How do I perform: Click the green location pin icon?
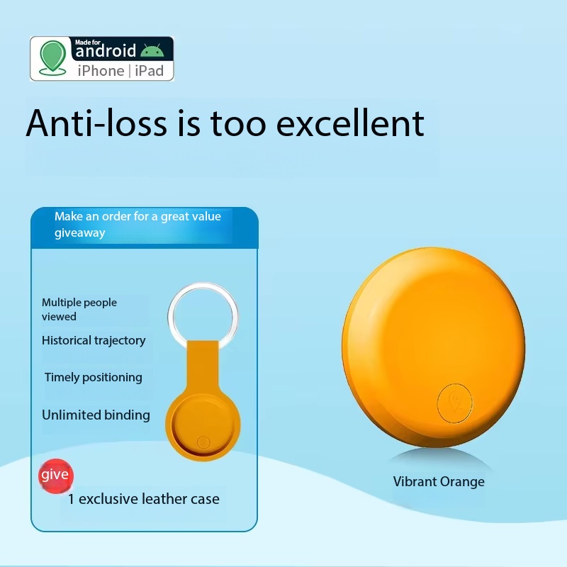click(x=53, y=58)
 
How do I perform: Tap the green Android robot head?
click(x=152, y=50)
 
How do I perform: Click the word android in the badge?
click(x=106, y=50)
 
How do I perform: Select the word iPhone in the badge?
click(x=101, y=71)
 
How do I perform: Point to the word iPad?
click(x=149, y=71)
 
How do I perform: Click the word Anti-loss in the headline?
click(x=96, y=123)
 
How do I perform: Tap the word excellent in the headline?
click(x=350, y=123)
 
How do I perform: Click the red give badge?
click(x=56, y=476)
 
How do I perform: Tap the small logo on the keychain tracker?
click(x=203, y=442)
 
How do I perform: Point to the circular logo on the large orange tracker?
click(x=455, y=403)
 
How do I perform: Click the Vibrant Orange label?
click(x=439, y=481)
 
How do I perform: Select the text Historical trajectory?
click(x=94, y=341)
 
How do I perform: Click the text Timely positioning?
click(x=94, y=378)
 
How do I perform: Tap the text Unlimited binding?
click(x=96, y=415)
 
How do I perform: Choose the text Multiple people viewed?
click(x=79, y=310)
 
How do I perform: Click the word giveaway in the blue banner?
click(x=80, y=233)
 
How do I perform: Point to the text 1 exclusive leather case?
click(x=144, y=499)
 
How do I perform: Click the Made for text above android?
click(x=88, y=43)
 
